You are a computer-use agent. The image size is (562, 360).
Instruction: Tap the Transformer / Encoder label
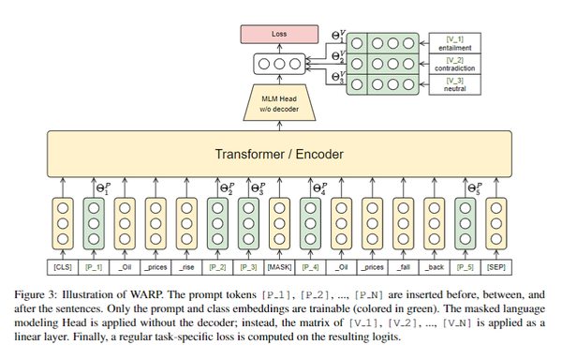click(x=281, y=154)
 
